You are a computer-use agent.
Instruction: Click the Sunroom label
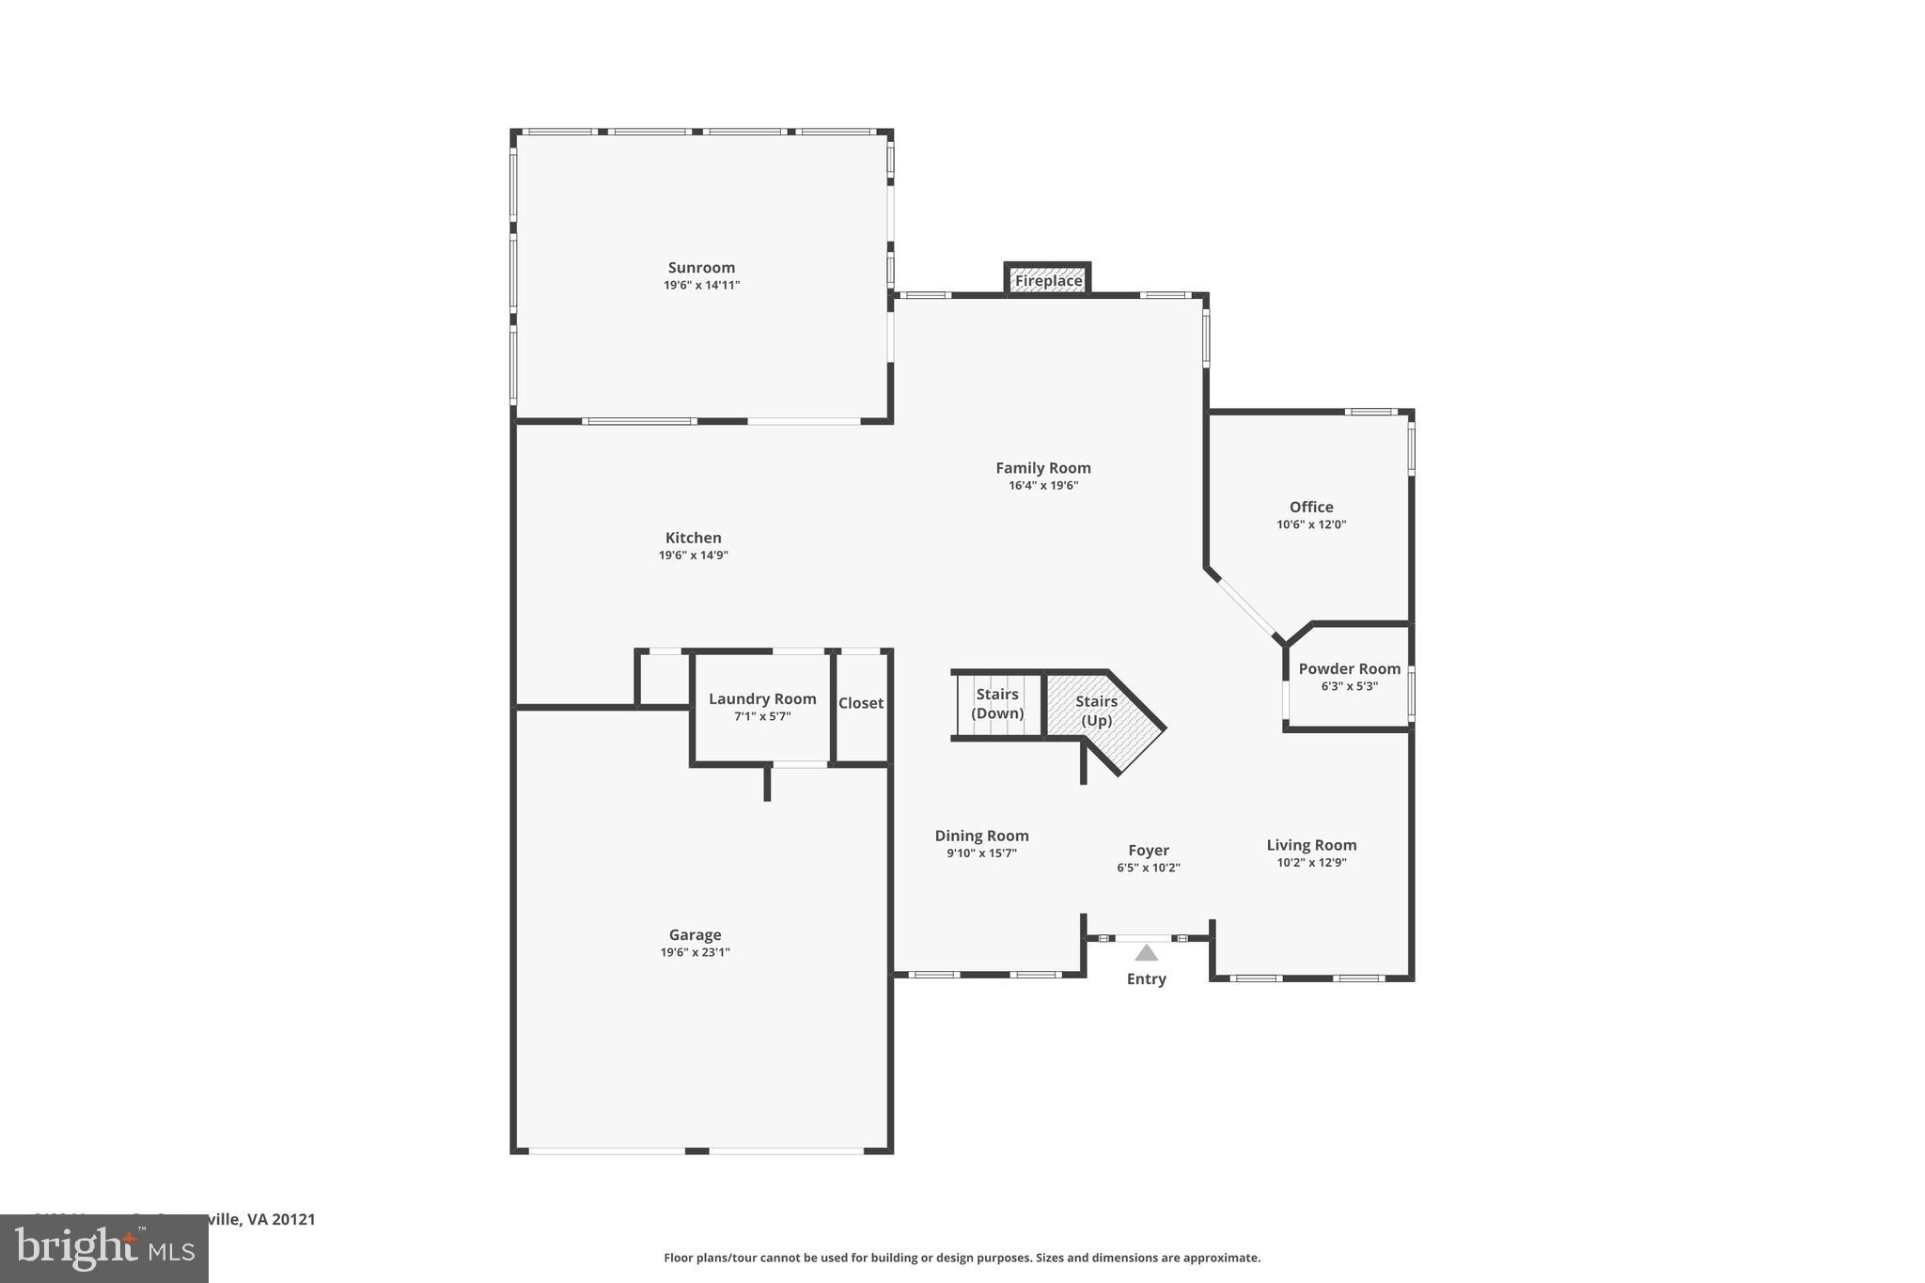701,268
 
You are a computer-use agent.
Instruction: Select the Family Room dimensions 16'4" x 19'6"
1043,486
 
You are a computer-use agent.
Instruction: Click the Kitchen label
693,538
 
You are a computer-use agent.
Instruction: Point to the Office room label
1311,508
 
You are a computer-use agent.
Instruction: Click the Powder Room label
1349,669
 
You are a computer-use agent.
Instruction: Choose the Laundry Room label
761,699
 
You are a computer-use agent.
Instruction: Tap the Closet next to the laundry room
861,703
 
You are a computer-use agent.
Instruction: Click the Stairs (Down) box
997,704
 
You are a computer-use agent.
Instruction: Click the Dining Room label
981,836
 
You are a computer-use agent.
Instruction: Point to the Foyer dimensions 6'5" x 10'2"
1148,868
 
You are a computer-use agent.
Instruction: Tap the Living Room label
1311,845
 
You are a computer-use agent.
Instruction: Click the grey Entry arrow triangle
1146,953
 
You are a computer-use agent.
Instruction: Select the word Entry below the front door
1146,979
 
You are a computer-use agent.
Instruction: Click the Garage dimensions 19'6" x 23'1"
695,952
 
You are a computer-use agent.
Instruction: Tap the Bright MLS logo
104,1248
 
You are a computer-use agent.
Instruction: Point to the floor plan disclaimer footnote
962,1258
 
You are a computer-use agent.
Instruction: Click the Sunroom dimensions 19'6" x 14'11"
701,286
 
